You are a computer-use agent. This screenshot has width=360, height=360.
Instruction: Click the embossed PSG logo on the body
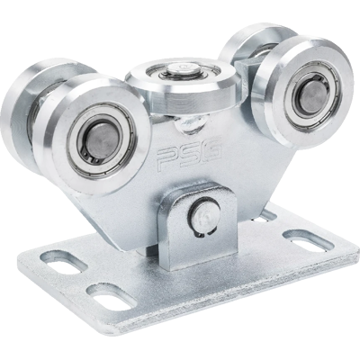pos(190,155)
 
